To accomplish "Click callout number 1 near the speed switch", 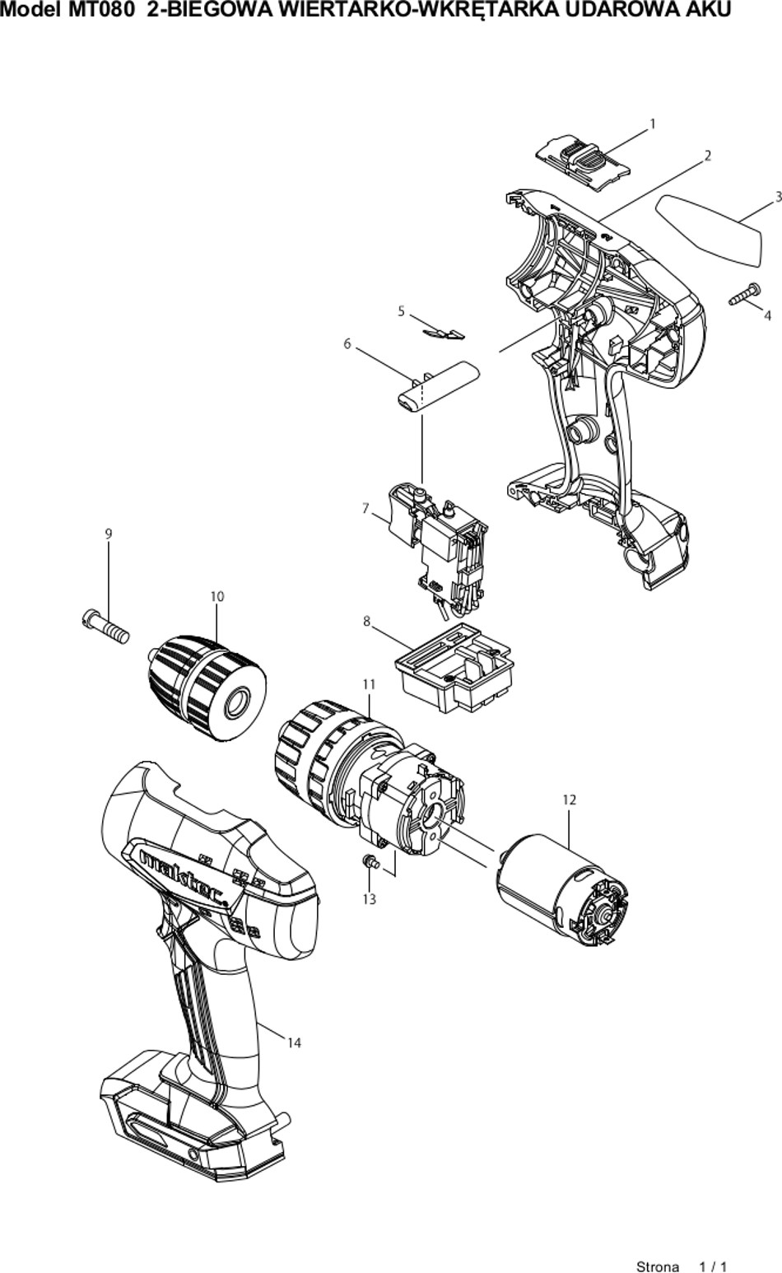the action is [653, 124].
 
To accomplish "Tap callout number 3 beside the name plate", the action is [778, 197].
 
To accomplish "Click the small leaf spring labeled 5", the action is [445, 333].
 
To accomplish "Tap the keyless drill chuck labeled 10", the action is [207, 688].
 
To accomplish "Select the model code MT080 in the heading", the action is [95, 10].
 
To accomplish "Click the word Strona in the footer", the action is [658, 1266].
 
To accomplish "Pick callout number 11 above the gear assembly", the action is [370, 685].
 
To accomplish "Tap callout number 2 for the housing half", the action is [708, 156].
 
